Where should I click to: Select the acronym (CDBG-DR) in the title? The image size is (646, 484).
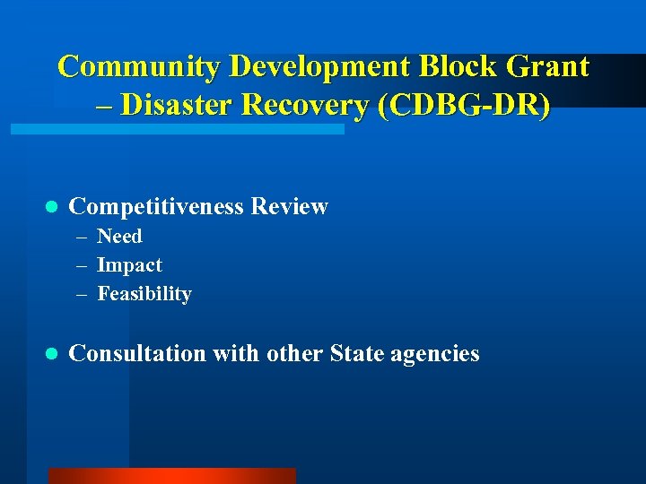pos(465,105)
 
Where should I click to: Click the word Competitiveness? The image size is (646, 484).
pos(156,207)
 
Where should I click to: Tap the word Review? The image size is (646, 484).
pos(290,207)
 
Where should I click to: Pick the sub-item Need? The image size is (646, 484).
pos(119,237)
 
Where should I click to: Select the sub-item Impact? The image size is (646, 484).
pos(129,265)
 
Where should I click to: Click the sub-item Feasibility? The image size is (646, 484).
pos(144,294)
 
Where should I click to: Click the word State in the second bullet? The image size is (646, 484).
pos(356,354)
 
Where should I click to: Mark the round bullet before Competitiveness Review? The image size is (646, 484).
pos(51,208)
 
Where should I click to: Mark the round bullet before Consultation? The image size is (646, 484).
pos(51,355)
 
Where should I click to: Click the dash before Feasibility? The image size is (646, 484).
pos(82,294)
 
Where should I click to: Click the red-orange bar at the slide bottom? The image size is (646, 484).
pos(171,476)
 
